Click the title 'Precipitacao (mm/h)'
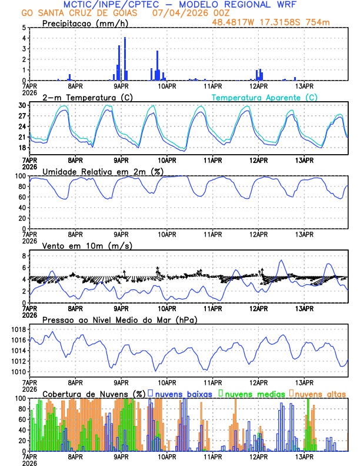[x=86, y=24]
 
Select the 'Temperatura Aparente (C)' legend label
[x=264, y=97]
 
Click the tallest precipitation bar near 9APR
[x=125, y=59]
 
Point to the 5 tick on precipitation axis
[x=24, y=28]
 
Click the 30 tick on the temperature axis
[x=22, y=105]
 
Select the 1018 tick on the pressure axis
[x=19, y=329]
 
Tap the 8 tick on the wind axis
[x=24, y=256]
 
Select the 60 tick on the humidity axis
[x=22, y=197]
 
